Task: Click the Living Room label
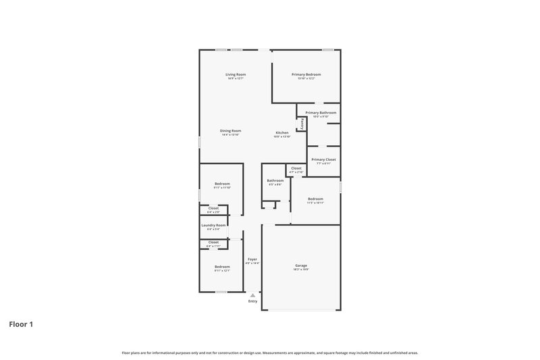236,74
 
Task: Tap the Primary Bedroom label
306,74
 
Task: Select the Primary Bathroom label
321,113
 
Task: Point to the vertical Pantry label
302,124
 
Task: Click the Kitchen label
282,132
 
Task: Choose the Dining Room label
230,130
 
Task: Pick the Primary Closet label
323,159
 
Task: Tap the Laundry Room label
213,225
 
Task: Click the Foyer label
252,259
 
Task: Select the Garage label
301,265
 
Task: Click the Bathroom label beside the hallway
275,180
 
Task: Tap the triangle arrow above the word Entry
252,294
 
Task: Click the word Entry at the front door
252,301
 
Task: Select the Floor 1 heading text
21,324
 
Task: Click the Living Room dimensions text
236,78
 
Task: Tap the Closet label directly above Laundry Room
213,208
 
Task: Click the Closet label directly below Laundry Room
213,242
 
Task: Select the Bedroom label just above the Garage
315,199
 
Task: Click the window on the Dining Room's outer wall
199,143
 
